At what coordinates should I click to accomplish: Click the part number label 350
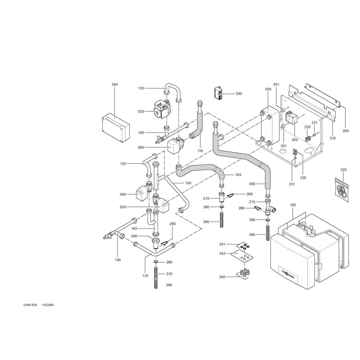(114, 84)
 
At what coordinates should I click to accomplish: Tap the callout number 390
(239, 94)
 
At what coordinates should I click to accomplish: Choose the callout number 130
(141, 88)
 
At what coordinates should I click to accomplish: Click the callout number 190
(292, 205)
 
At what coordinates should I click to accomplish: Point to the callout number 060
(141, 147)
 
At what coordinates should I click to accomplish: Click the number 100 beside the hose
(238, 175)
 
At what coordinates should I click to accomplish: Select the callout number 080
(252, 184)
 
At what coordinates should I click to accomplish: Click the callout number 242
(222, 253)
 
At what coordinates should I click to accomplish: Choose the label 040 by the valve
(123, 194)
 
